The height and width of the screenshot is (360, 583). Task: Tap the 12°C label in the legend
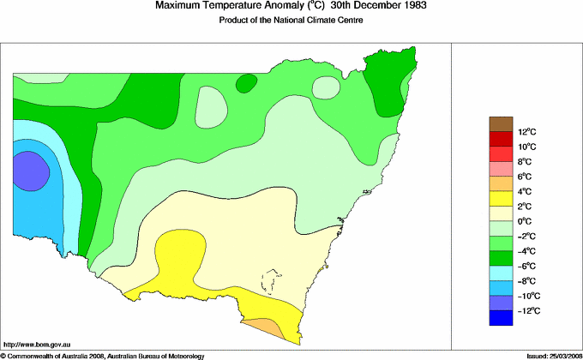(x=526, y=132)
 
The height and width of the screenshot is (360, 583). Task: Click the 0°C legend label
(x=526, y=221)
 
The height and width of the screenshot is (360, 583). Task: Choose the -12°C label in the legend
(x=526, y=310)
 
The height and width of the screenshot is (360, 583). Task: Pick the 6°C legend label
(x=526, y=177)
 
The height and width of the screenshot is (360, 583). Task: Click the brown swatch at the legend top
(x=501, y=124)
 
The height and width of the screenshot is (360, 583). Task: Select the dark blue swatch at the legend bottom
(x=501, y=318)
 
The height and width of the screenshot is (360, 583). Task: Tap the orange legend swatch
(x=501, y=184)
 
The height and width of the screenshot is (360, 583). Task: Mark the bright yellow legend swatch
(x=501, y=199)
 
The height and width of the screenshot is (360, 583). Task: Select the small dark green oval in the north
(x=246, y=83)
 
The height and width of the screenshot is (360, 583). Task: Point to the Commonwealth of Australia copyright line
(x=103, y=355)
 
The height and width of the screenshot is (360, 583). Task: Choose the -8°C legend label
(x=526, y=280)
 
